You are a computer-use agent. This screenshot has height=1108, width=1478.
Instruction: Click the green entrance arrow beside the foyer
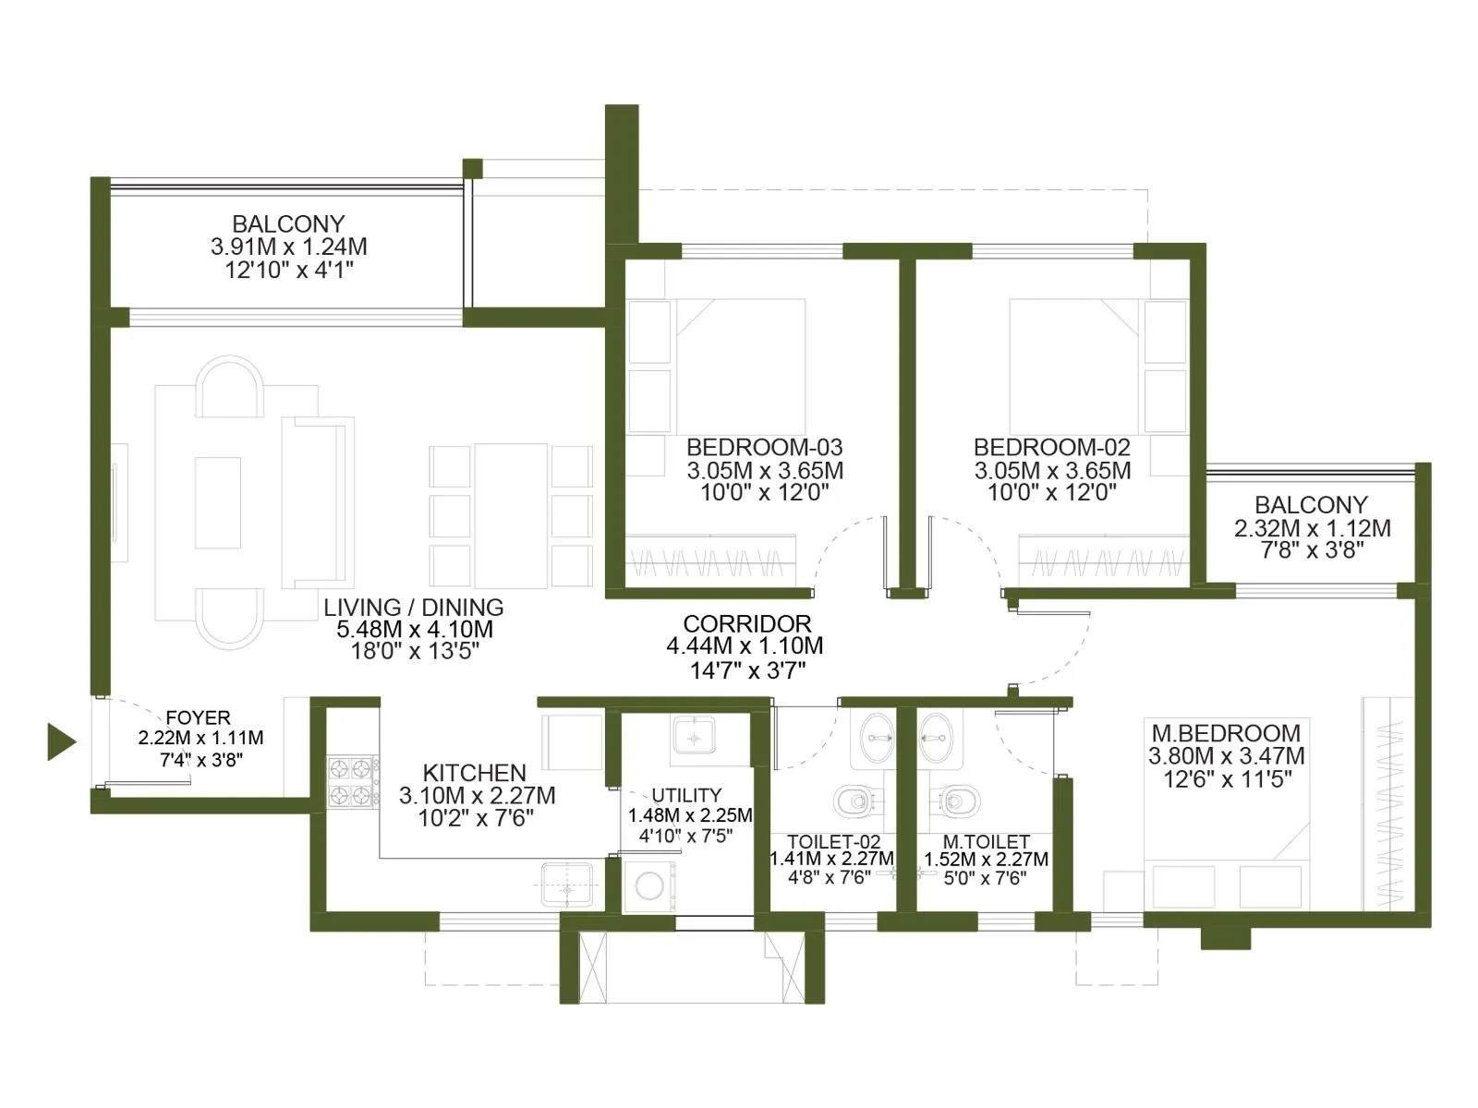61,742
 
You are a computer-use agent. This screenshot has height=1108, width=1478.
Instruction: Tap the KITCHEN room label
474,772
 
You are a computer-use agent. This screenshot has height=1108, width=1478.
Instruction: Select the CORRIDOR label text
746,623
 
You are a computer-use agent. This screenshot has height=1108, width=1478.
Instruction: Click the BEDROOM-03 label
764,448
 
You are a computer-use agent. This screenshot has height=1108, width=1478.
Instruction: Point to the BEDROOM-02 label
1052,448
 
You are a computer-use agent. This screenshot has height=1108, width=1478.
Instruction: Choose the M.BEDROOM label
1226,732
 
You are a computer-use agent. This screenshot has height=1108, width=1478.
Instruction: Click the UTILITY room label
686,795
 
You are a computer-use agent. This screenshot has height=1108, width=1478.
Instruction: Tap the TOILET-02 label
833,841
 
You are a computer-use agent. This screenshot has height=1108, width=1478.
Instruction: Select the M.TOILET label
986,841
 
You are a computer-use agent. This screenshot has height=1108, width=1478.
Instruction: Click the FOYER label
198,717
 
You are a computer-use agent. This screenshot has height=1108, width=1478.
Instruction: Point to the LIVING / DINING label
414,608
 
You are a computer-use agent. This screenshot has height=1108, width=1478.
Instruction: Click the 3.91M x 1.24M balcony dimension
289,247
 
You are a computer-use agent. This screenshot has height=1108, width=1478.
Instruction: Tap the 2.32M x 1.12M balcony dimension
1312,528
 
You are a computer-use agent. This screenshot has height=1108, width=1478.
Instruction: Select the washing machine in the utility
649,886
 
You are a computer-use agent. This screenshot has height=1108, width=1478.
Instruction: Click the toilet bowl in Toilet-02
854,801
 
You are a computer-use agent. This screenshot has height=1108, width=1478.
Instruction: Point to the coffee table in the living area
218,502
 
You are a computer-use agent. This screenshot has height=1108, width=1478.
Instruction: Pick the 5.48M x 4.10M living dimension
415,630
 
